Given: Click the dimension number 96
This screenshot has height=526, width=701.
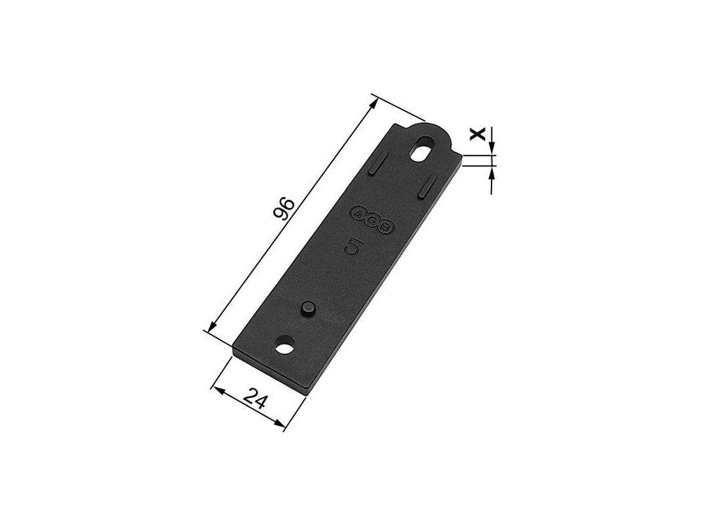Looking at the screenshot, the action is click(x=283, y=209).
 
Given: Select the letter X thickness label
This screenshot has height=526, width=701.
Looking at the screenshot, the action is click(x=477, y=134).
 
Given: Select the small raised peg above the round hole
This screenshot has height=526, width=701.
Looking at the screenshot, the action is click(x=308, y=309).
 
